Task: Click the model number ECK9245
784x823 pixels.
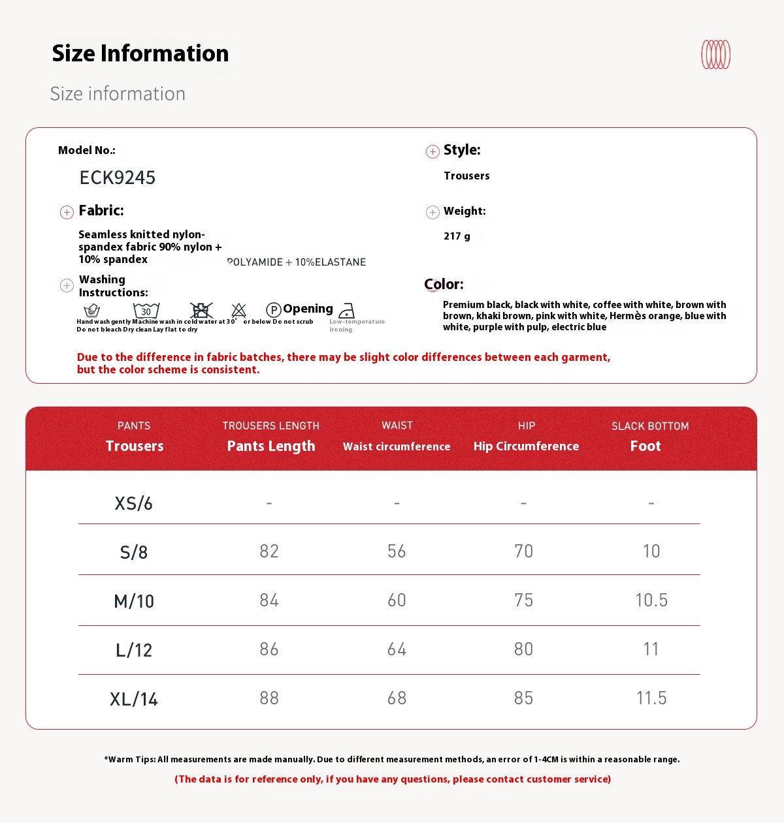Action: pos(118,178)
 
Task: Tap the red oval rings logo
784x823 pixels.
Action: pos(715,55)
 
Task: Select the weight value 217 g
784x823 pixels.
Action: pos(457,236)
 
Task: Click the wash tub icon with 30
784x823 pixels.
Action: pos(146,310)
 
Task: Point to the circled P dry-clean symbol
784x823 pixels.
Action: pos(274,310)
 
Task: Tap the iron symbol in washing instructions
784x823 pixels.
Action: pos(347,311)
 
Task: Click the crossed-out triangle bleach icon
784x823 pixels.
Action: pos(239,310)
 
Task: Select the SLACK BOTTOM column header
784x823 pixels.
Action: pos(650,426)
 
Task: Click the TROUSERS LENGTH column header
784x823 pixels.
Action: pos(270,426)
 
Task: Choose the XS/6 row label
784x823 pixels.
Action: pos(133,503)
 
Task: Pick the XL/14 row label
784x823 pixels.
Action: pos(134,699)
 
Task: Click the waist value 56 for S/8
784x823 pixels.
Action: pos(397,551)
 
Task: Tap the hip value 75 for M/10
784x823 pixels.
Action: pos(523,600)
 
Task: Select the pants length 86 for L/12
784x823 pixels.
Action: pos(269,649)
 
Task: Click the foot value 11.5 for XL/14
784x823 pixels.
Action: pos(651,698)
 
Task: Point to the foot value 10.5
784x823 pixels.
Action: pos(651,600)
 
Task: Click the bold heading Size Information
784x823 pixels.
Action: pos(140,54)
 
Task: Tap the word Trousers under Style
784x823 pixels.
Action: pos(466,176)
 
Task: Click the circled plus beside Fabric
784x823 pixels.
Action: pos(67,212)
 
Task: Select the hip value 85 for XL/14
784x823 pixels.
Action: pos(523,698)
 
